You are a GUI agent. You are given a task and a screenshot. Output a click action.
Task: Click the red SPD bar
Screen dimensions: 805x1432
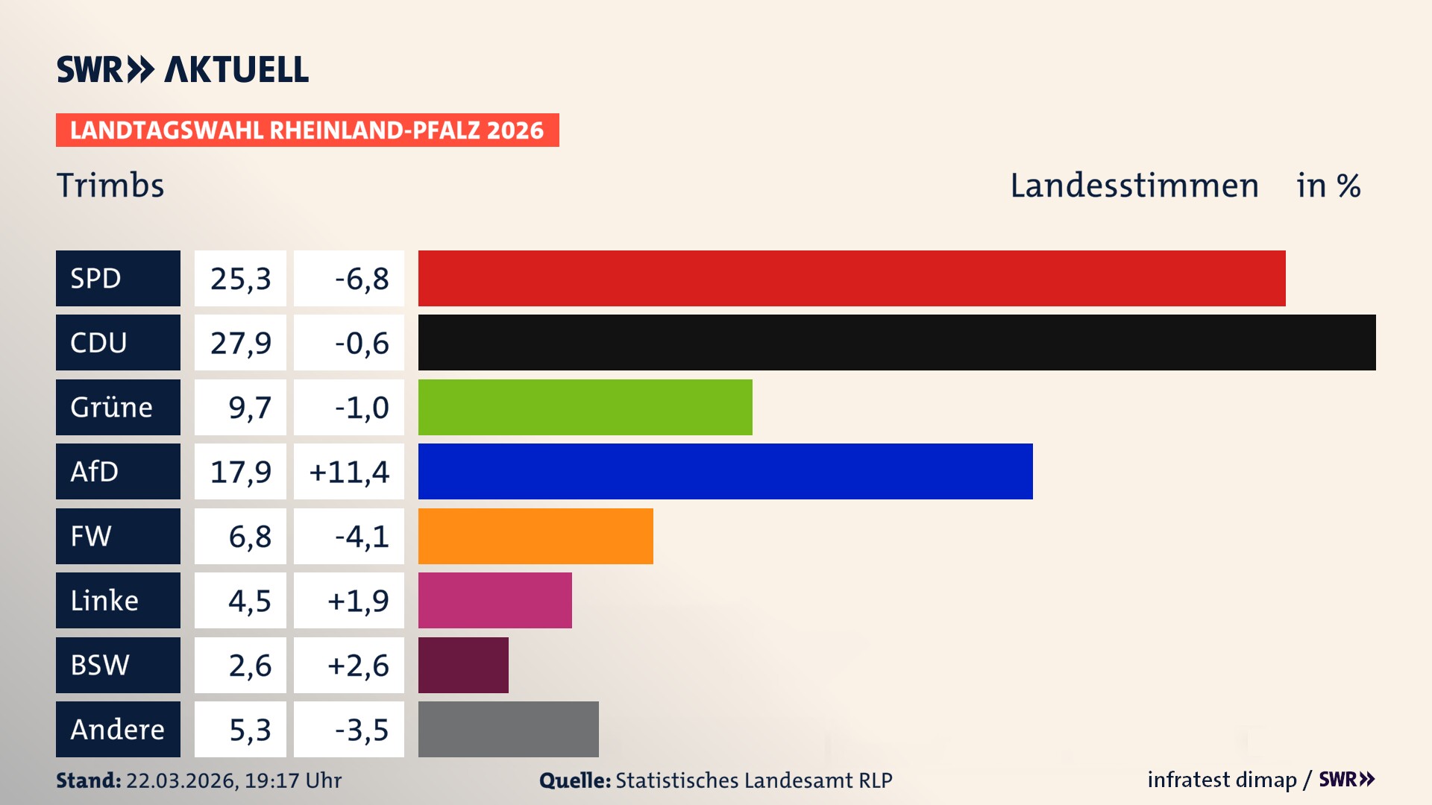pos(852,278)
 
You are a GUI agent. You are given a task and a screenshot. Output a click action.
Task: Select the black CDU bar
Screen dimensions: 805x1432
pos(896,342)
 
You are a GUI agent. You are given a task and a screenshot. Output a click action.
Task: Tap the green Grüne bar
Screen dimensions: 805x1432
pos(585,407)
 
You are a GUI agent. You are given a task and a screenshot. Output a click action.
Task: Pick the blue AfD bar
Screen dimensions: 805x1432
pos(725,471)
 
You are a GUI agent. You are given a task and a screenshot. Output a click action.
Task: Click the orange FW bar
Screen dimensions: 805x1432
pos(536,536)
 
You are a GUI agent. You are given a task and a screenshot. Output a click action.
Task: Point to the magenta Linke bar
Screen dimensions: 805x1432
pos(494,600)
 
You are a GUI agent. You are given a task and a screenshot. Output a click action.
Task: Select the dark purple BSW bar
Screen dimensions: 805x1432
pos(463,665)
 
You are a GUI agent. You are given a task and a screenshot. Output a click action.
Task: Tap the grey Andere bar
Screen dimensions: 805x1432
pos(508,729)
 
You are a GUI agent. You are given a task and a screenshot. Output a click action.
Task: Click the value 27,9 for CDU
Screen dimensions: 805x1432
pos(240,343)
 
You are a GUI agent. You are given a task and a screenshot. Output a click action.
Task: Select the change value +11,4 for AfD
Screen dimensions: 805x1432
pos(349,472)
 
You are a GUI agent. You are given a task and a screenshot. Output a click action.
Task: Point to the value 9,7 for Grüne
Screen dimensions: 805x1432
pos(249,408)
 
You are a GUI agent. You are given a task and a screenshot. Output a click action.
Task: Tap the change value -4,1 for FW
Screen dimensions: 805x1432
pos(362,537)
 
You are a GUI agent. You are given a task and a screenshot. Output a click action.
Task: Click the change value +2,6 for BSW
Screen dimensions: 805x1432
pos(358,666)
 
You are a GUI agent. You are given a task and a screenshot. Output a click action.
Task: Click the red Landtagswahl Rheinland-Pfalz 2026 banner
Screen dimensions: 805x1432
pos(307,130)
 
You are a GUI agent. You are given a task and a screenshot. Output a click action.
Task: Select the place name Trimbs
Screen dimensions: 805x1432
pos(110,186)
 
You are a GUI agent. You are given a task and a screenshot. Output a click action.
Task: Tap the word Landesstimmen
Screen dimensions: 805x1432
pos(1134,186)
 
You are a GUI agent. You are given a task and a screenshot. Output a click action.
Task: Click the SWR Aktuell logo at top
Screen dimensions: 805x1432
pos(183,69)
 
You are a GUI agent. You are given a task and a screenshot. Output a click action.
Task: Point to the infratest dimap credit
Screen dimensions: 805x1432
pos(1222,780)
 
